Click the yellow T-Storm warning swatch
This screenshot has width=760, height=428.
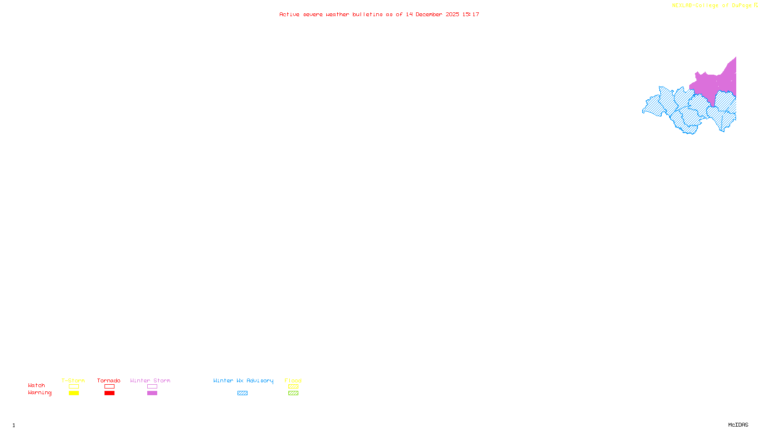click(74, 393)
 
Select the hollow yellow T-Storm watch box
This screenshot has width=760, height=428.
click(74, 387)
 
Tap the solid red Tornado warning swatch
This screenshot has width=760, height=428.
click(109, 393)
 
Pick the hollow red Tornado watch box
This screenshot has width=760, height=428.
click(109, 387)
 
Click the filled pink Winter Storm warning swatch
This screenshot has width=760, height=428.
click(152, 393)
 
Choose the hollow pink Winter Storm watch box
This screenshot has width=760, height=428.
click(152, 387)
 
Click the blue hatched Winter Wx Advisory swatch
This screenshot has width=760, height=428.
click(242, 393)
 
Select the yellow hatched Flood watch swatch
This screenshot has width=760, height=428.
click(293, 387)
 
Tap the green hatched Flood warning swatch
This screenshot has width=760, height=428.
click(293, 393)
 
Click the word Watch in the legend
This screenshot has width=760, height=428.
click(37, 386)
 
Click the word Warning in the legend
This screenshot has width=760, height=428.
click(39, 393)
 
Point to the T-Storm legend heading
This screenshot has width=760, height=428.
click(73, 380)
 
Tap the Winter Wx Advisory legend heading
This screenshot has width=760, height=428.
click(243, 380)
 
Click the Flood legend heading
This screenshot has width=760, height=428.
click(293, 380)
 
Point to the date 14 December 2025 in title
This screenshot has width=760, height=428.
click(432, 14)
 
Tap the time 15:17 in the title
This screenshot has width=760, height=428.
click(471, 14)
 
